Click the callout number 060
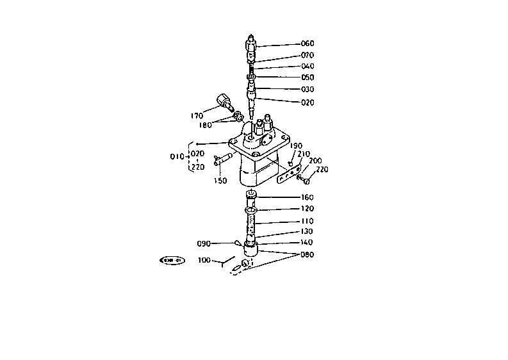[x=307, y=44]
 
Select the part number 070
[x=307, y=55]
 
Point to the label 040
[x=307, y=66]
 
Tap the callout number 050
[x=307, y=78]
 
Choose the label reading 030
[x=307, y=89]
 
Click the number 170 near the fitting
[x=197, y=116]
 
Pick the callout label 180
[x=205, y=125]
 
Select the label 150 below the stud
[x=220, y=181]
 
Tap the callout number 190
[x=296, y=146]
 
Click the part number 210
[x=303, y=154]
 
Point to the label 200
[x=315, y=161]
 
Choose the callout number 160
[x=307, y=197]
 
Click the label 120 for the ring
[x=307, y=209]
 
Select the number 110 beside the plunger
[x=307, y=221]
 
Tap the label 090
[x=204, y=243]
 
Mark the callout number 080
[x=307, y=254]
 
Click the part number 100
[x=204, y=260]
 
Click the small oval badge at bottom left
[x=172, y=260]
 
